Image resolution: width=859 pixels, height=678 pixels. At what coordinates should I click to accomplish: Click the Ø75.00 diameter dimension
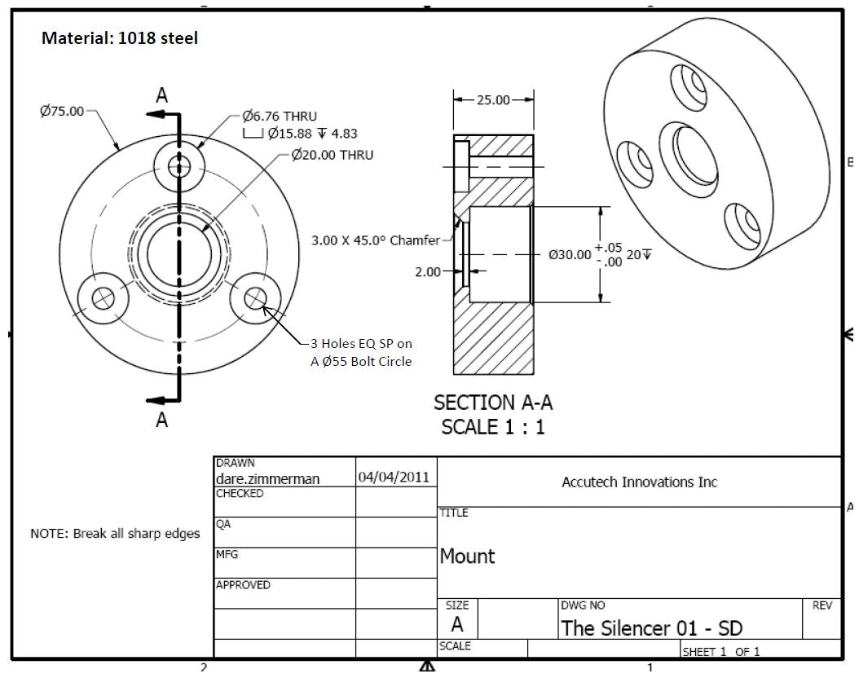[x=62, y=112]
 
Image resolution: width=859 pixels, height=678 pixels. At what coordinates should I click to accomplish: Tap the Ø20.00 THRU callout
[x=332, y=155]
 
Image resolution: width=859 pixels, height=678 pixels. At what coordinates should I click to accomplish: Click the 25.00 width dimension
[x=492, y=100]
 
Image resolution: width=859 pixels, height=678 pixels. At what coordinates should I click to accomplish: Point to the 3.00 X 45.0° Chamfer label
[x=375, y=240]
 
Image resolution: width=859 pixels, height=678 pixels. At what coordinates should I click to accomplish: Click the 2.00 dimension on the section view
[x=428, y=271]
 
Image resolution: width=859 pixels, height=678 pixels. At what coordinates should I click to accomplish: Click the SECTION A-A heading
[x=487, y=403]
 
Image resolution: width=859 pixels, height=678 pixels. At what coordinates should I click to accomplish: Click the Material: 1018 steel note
[x=120, y=38]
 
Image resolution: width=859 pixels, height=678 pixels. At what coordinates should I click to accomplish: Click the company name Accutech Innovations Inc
[x=639, y=482]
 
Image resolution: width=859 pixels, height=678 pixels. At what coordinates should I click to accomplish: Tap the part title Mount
[x=467, y=557]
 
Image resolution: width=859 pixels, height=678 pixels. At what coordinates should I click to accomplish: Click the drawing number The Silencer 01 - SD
[x=651, y=627]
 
